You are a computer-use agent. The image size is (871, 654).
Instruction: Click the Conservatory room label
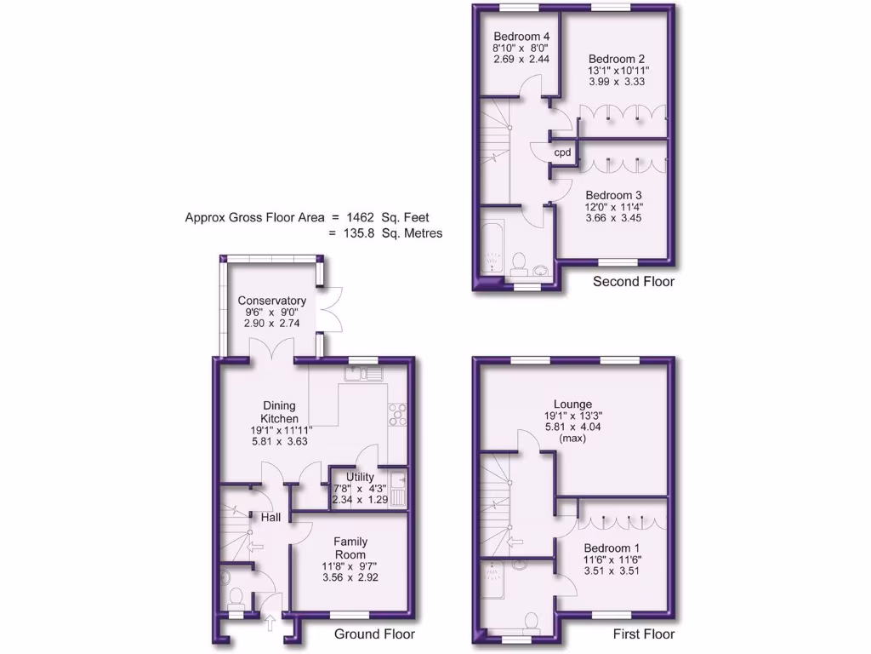pyautogui.click(x=271, y=301)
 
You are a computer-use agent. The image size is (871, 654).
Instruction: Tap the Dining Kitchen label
pyautogui.click(x=279, y=412)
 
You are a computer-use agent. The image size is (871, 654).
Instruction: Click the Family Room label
pyautogui.click(x=350, y=548)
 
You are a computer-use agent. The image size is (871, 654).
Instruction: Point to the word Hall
pyautogui.click(x=270, y=518)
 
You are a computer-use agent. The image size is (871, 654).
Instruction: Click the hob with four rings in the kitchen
pyautogui.click(x=396, y=413)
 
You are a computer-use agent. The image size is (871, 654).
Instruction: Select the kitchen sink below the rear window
pyautogui.click(x=364, y=373)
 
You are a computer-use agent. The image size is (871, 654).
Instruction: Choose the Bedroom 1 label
pyautogui.click(x=612, y=547)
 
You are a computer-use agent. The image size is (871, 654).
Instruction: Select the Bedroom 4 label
pyautogui.click(x=521, y=37)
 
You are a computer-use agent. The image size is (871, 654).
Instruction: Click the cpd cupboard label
pyautogui.click(x=562, y=153)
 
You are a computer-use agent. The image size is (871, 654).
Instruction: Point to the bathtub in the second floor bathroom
pyautogui.click(x=492, y=248)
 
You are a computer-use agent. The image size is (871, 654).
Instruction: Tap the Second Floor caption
pyautogui.click(x=634, y=282)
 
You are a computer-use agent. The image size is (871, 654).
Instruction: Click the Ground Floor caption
pyautogui.click(x=374, y=634)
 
